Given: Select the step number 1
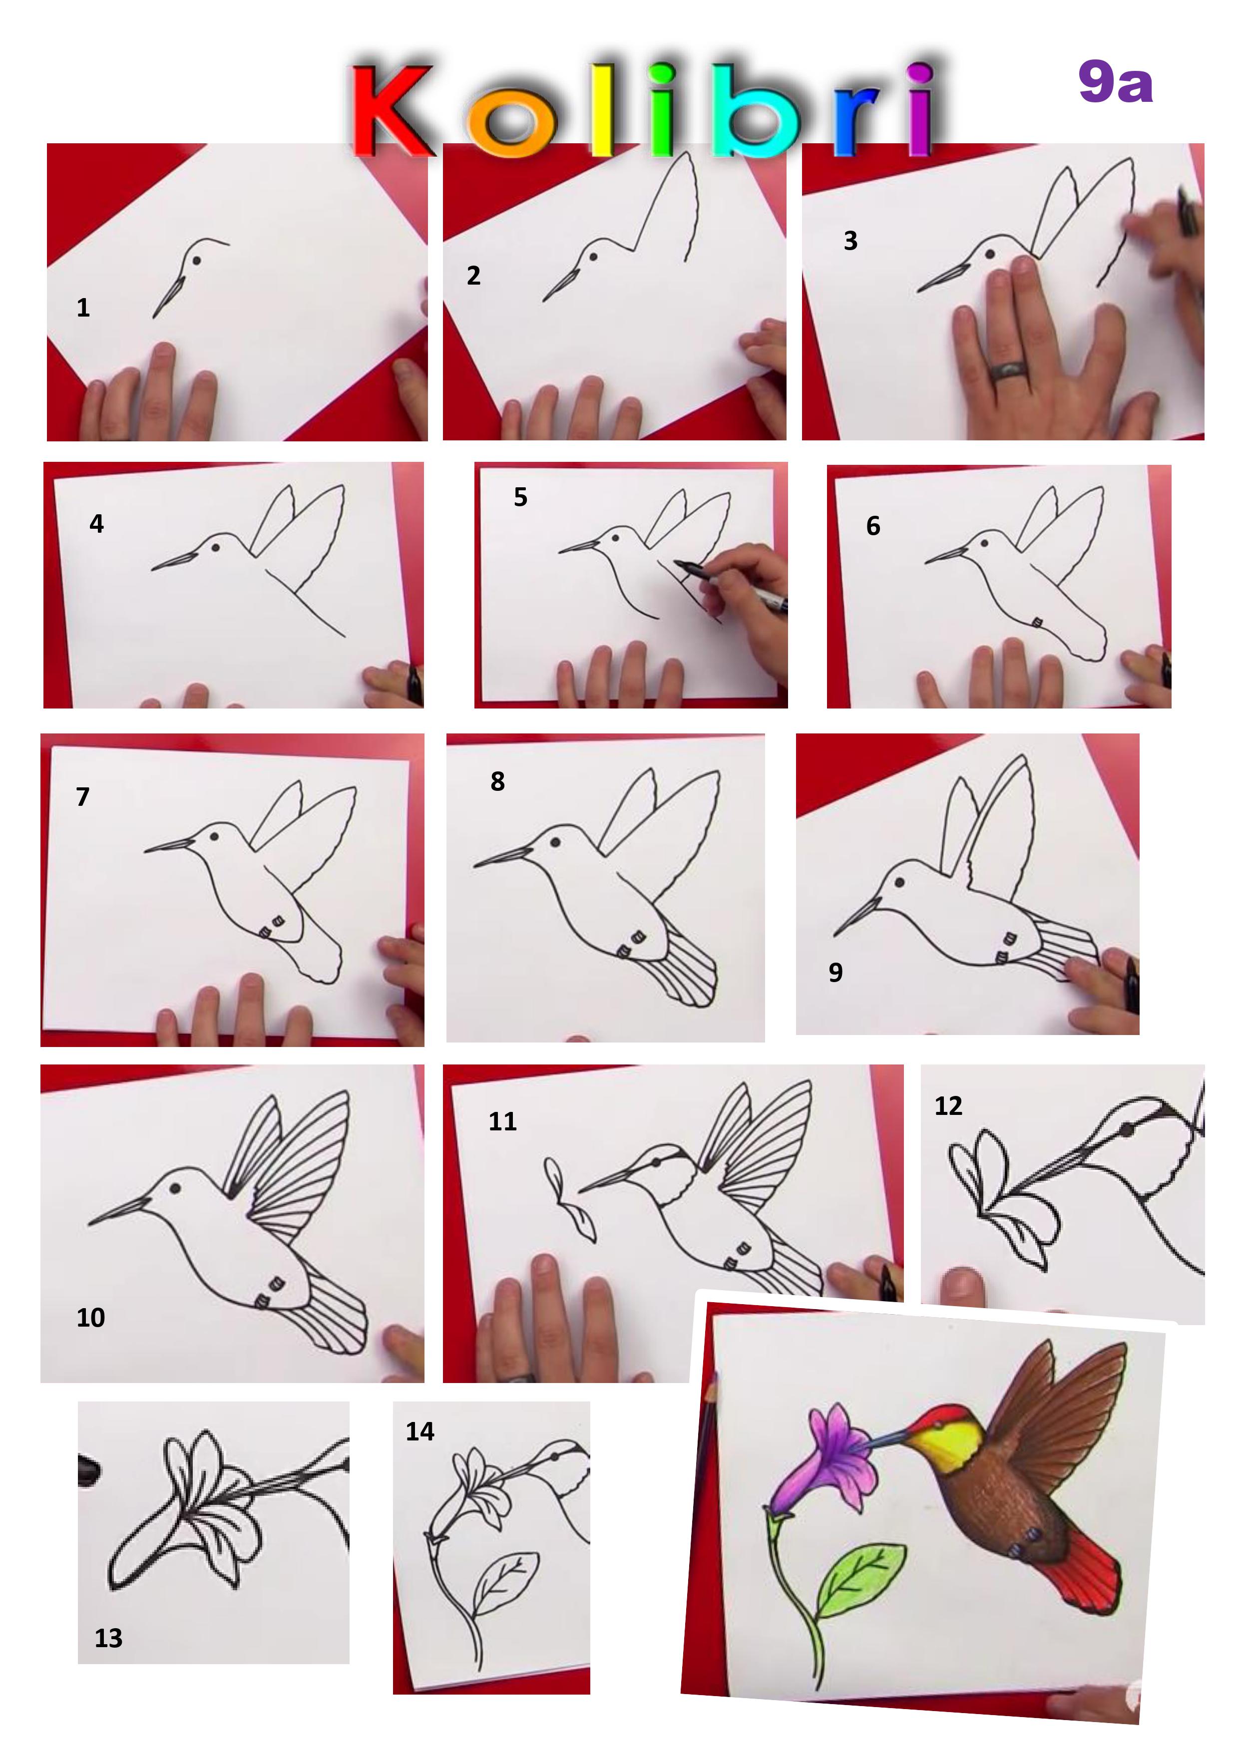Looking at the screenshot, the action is (83, 308).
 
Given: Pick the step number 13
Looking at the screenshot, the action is (108, 1638).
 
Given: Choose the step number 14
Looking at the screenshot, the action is (420, 1431).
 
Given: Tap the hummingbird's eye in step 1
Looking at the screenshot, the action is (196, 260).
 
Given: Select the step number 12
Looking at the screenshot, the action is (948, 1106).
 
